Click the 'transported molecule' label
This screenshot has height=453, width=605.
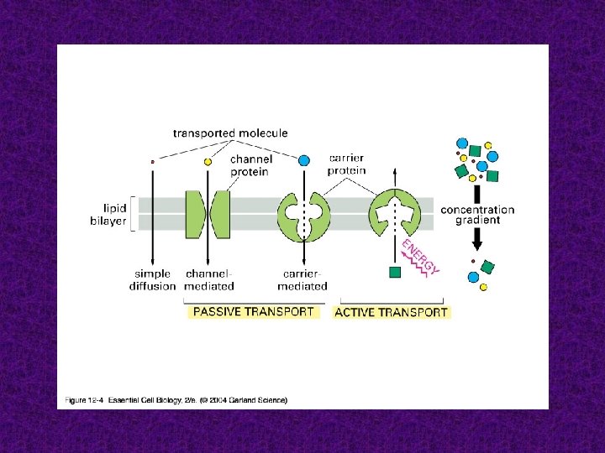(230, 133)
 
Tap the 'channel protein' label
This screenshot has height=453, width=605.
(250, 165)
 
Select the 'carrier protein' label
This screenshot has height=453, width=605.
(347, 163)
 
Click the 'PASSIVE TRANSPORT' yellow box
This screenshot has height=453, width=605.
(253, 311)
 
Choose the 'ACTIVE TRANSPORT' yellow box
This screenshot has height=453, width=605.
(391, 312)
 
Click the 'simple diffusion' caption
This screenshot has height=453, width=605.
(152, 280)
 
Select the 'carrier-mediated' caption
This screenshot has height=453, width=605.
(304, 280)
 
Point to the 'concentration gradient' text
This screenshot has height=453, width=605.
(477, 215)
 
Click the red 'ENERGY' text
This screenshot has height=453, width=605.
(420, 256)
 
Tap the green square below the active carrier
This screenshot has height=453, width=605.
(393, 272)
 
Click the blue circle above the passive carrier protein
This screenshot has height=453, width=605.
(304, 159)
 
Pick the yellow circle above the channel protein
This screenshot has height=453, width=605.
(208, 160)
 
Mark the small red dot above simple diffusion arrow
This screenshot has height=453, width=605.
(152, 160)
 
